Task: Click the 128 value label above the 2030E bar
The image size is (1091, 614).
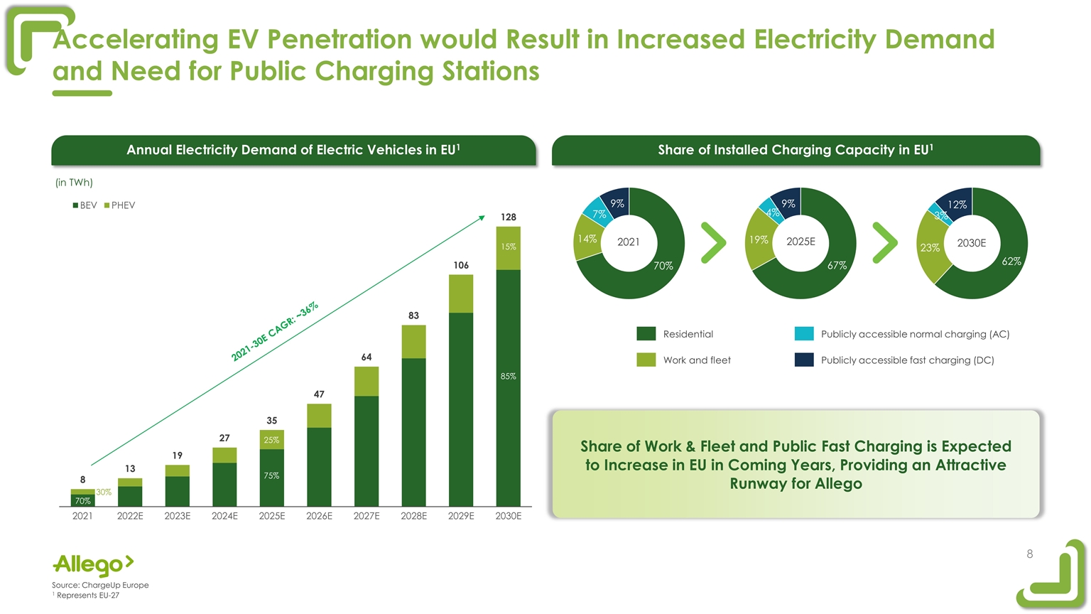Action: tap(508, 217)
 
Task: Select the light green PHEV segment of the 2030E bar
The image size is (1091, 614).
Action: tap(508, 248)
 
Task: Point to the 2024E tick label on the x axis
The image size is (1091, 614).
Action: tap(224, 517)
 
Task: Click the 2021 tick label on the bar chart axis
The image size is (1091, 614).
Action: tap(82, 517)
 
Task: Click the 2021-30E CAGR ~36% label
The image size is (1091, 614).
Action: tap(275, 331)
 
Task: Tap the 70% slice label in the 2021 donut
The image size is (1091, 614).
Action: tap(663, 266)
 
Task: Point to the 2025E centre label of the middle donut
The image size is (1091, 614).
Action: tap(800, 242)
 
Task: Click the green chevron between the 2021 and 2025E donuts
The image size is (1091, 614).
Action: tap(713, 242)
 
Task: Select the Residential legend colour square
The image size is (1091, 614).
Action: tap(646, 334)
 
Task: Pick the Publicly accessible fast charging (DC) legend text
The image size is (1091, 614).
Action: tap(907, 360)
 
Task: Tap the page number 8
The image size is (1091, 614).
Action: tap(1029, 554)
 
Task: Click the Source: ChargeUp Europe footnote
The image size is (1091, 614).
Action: tap(100, 585)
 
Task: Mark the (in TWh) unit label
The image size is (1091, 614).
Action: tap(74, 183)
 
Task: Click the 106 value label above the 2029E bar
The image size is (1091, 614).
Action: tap(461, 265)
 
